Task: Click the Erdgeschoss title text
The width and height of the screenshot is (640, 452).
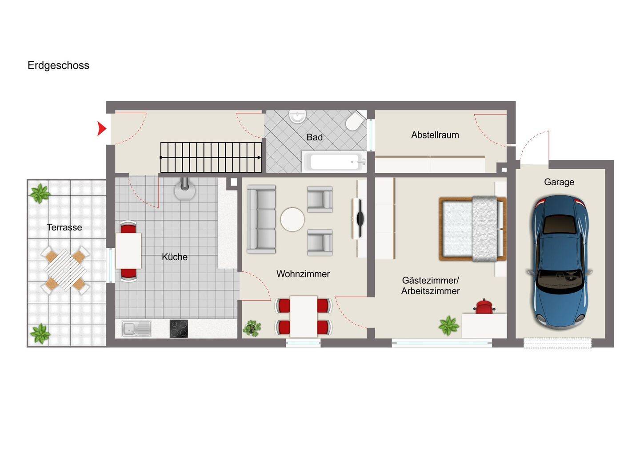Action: (58, 66)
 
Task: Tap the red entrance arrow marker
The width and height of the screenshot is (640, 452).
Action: (101, 129)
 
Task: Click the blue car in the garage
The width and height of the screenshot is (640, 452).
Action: (559, 262)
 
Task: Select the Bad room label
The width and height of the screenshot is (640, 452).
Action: (315, 137)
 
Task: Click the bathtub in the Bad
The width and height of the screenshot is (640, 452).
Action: (334, 162)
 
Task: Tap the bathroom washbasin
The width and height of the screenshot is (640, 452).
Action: (297, 116)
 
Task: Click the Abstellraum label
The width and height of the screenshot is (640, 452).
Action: (435, 135)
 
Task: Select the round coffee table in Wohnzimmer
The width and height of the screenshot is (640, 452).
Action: (292, 219)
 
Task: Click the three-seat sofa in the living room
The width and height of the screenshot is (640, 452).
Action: (261, 219)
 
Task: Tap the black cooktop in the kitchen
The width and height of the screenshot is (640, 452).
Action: (179, 329)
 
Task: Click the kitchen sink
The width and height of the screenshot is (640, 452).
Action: (136, 329)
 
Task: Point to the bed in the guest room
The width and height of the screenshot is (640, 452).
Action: (472, 229)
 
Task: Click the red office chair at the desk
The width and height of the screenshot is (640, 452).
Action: (484, 306)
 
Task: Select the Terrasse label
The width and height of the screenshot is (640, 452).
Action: (64, 227)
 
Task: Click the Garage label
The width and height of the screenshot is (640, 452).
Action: (559, 182)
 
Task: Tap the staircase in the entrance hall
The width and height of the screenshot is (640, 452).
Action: (211, 158)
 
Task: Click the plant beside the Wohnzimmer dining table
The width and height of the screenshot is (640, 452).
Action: (252, 328)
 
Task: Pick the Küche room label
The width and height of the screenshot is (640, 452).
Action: (175, 257)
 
